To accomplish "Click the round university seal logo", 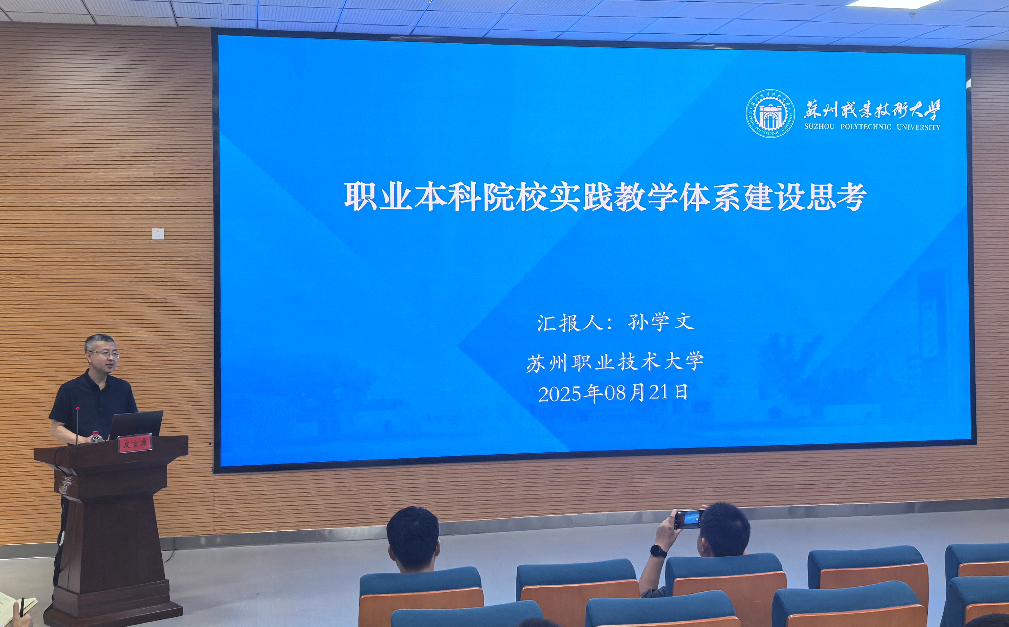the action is (x=770, y=114).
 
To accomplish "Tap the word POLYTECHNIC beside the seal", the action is (x=866, y=127).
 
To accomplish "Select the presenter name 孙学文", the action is (x=661, y=322).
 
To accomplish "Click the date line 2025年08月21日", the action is (x=613, y=393).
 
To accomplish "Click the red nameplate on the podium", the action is (x=135, y=443).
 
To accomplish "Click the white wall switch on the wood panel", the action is (x=158, y=234).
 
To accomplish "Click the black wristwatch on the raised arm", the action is (x=658, y=551).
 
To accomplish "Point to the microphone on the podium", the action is (x=77, y=425).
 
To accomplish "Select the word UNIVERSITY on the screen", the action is (x=918, y=127).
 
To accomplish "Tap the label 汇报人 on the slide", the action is (x=570, y=323).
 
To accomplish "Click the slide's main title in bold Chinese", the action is (x=605, y=197).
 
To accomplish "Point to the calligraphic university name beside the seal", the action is (x=872, y=109).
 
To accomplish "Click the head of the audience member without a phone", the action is (x=413, y=539).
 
